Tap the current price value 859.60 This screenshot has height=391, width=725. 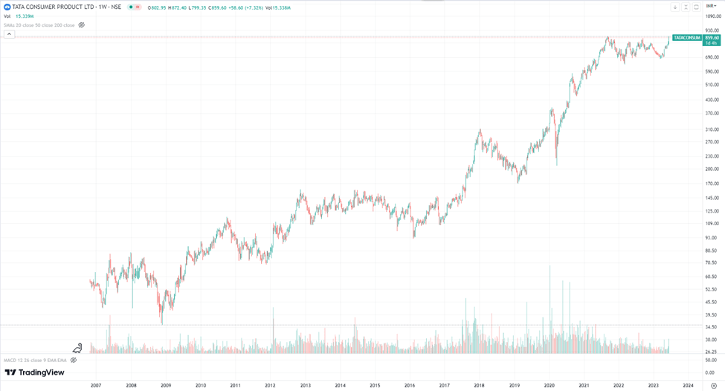(x=712, y=37)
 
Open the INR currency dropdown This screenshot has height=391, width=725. (x=710, y=6)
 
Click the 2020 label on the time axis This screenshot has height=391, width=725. (x=550, y=385)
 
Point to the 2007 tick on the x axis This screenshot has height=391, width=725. (x=96, y=385)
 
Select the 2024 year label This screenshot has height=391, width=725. (x=689, y=385)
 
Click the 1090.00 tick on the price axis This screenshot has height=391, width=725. (x=712, y=16)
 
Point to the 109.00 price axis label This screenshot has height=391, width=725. (x=712, y=223)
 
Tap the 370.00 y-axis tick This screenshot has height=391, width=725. (x=712, y=113)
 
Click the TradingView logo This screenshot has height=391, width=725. (x=35, y=372)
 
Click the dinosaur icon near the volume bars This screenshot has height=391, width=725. (x=77, y=348)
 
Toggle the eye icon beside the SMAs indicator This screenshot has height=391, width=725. (x=82, y=25)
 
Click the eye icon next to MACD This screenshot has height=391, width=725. (x=73, y=360)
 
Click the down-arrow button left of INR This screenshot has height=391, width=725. (x=675, y=7)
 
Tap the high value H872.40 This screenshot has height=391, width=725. (x=178, y=7)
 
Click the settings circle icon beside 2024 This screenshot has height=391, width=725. (x=714, y=385)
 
